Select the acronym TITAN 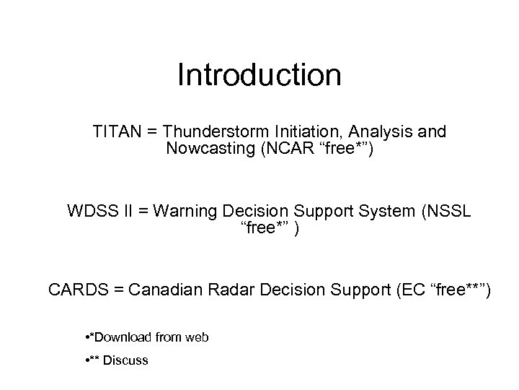click(116, 132)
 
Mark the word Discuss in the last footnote click(125, 360)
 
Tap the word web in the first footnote click(197, 337)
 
